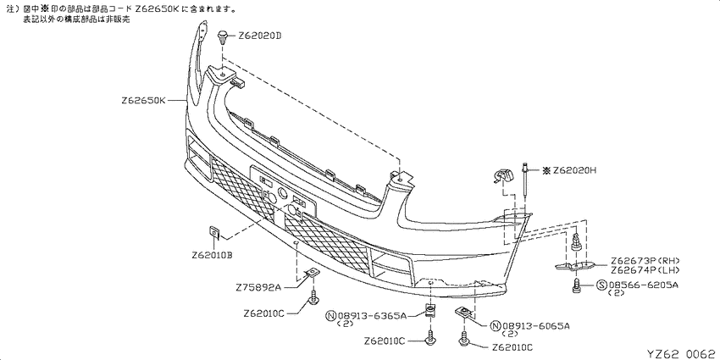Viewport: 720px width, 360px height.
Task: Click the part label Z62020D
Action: (259, 36)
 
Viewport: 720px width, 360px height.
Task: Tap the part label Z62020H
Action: (574, 171)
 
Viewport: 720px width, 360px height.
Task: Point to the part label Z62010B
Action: (212, 255)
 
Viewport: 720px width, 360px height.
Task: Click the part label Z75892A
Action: (258, 288)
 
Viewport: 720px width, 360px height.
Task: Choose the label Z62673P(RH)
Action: (645, 261)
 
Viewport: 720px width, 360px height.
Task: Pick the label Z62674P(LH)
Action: (645, 269)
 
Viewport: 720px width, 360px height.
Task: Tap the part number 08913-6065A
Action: (535, 326)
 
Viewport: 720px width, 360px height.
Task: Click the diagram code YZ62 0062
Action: (681, 353)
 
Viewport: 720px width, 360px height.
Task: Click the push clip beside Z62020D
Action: (223, 36)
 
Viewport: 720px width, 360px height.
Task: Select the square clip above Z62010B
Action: (215, 232)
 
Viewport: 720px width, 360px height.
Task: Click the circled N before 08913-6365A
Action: (331, 316)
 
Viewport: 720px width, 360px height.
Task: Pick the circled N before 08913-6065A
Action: (495, 326)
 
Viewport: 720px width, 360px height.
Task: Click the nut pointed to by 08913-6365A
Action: (430, 312)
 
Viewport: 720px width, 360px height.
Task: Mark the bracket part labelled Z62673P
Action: (576, 266)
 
